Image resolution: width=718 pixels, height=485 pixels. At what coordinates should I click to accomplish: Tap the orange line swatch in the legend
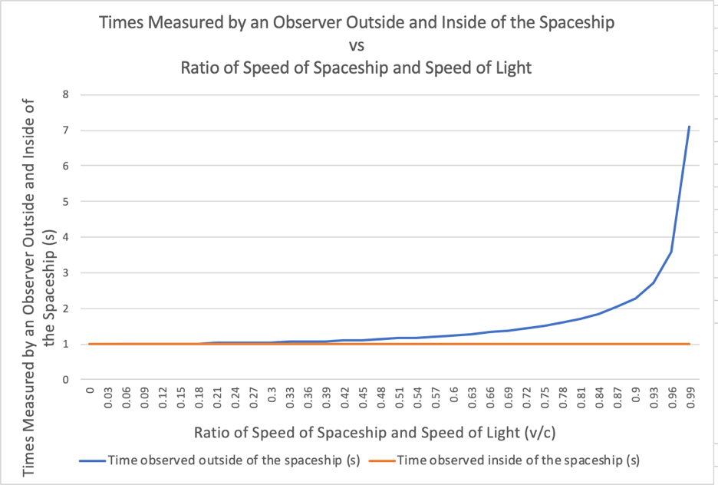pyautogui.click(x=397, y=460)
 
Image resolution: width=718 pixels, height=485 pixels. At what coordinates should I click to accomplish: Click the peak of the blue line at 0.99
pyautogui.click(x=690, y=127)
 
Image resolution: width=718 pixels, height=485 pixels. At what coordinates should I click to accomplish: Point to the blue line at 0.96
pyautogui.click(x=671, y=252)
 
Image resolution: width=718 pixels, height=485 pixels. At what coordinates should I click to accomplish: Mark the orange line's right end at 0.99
pyautogui.click(x=690, y=344)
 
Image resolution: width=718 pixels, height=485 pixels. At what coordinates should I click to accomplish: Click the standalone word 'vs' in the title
pyautogui.click(x=356, y=45)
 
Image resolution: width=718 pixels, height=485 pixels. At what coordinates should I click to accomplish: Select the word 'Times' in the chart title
pyautogui.click(x=122, y=22)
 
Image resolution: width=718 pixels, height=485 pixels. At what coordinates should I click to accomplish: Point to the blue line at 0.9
pyautogui.click(x=635, y=298)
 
